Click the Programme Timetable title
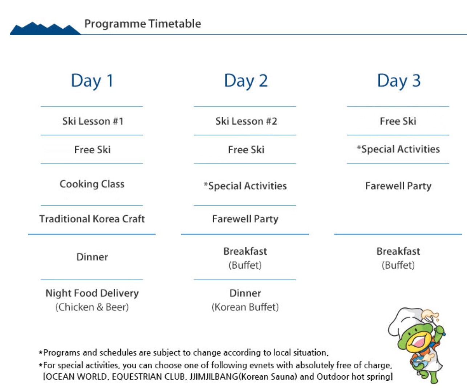(x=142, y=24)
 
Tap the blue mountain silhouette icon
(x=45, y=29)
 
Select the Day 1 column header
(x=92, y=81)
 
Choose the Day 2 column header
(x=245, y=81)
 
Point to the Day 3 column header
(x=399, y=81)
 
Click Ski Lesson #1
(x=93, y=121)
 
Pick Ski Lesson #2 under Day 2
(x=246, y=121)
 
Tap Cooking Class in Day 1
(x=92, y=184)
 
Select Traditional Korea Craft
(x=92, y=219)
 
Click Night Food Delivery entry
(x=92, y=293)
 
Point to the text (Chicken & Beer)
(x=92, y=307)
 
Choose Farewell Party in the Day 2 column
(x=245, y=219)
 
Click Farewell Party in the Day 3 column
(x=398, y=186)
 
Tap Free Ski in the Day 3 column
(x=398, y=121)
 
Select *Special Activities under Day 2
(x=245, y=186)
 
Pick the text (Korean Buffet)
(x=245, y=307)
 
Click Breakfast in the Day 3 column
(x=398, y=251)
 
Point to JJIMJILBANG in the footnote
(x=214, y=377)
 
